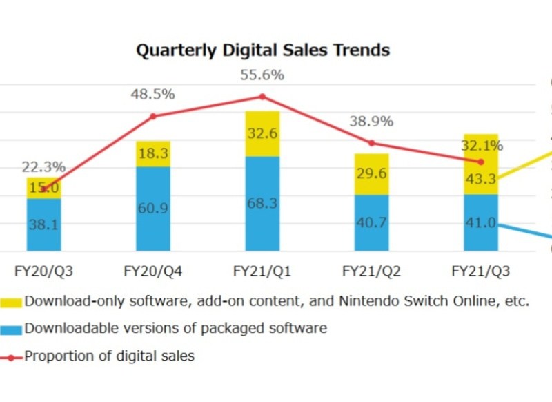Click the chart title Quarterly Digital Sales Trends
(262, 50)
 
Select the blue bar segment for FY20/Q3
(44, 224)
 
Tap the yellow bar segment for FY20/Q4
(153, 154)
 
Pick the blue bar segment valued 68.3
(262, 204)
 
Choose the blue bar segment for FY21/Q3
(481, 222)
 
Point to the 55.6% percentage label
(262, 75)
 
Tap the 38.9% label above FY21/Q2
(371, 122)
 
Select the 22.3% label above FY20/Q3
(43, 167)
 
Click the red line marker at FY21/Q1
(262, 97)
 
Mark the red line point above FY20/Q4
(153, 116)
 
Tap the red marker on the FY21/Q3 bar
(481, 162)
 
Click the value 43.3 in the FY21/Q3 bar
(481, 179)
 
